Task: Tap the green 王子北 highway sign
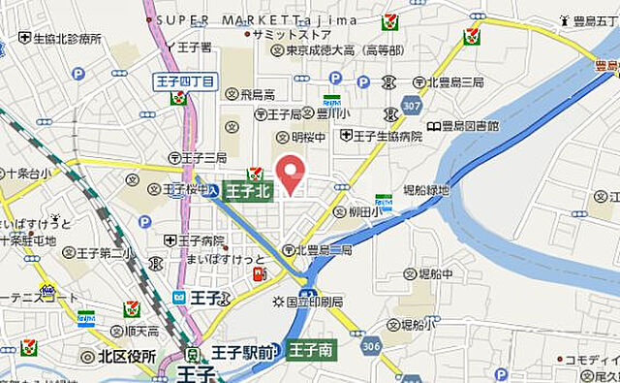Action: pyautogui.click(x=248, y=192)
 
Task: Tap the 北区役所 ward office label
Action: pyautogui.click(x=125, y=356)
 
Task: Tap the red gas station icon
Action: pyautogui.click(x=259, y=275)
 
